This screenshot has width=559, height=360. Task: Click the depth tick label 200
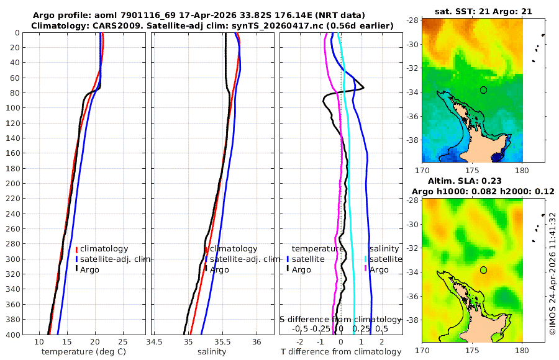click(x=14, y=183)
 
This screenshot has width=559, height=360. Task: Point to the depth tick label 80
click(x=16, y=92)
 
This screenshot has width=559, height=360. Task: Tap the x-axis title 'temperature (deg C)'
click(x=84, y=352)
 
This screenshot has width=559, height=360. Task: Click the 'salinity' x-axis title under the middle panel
click(x=212, y=352)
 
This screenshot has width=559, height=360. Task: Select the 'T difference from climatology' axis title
click(x=341, y=352)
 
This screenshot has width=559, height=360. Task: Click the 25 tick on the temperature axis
click(x=122, y=342)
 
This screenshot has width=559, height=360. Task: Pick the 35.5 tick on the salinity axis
click(x=222, y=342)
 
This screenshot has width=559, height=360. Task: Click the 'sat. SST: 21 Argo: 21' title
click(x=483, y=11)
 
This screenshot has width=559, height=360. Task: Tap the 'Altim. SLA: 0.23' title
click(x=465, y=181)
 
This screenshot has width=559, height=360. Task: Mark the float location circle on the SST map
click(x=483, y=90)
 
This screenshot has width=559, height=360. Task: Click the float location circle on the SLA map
click(x=483, y=270)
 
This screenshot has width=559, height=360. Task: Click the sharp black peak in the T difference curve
click(x=363, y=88)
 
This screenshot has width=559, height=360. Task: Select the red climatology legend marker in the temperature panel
click(x=76, y=249)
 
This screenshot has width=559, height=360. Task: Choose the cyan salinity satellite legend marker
click(x=366, y=259)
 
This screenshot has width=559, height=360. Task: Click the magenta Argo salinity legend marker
click(x=366, y=269)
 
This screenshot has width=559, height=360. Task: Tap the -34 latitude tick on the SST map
click(x=413, y=92)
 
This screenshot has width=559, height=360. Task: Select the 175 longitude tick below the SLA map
click(x=473, y=350)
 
